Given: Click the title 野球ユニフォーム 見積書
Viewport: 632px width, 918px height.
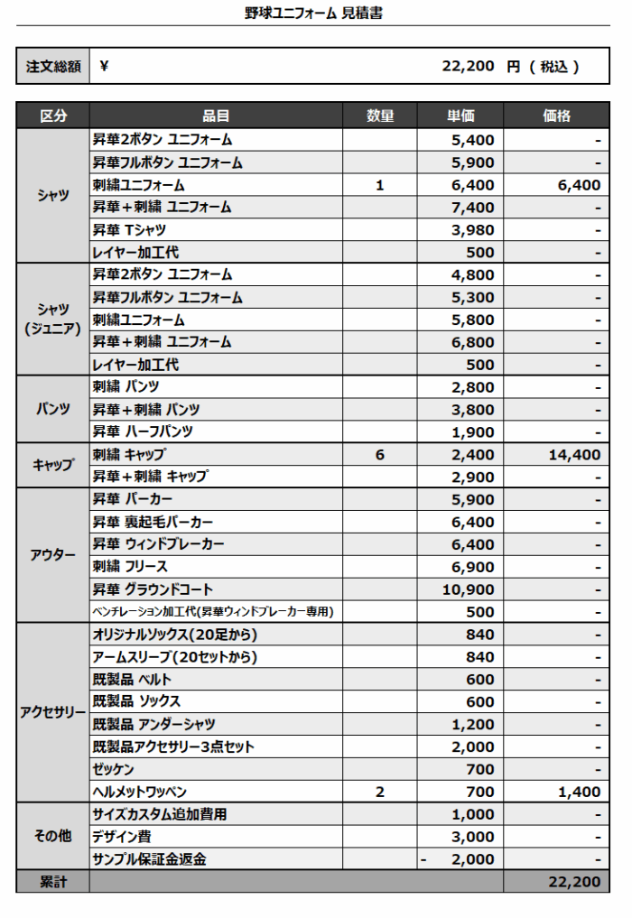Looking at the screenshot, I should (x=313, y=14).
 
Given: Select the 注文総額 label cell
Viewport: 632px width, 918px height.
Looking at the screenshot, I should (x=53, y=66).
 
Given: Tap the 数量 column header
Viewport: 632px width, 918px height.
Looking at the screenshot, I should (x=379, y=116).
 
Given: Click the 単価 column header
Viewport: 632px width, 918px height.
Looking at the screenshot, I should (x=460, y=116).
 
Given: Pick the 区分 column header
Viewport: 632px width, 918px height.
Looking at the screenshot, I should (x=53, y=116).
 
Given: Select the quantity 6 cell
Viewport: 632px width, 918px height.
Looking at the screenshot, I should (x=379, y=455).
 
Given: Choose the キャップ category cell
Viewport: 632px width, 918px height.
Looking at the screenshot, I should (x=53, y=466).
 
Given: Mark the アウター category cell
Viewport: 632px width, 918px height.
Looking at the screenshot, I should (x=53, y=555).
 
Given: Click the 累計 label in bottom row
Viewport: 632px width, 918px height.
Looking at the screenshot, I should (x=53, y=881).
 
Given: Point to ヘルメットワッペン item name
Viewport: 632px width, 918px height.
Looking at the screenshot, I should (x=140, y=792).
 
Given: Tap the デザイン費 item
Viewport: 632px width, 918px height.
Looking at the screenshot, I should (x=122, y=837).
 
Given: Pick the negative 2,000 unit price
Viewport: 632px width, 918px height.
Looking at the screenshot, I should (x=460, y=859).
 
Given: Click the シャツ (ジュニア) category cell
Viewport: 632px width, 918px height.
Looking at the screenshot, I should (x=53, y=320).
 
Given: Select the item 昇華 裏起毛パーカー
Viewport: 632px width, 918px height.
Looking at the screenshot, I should (x=153, y=522).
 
